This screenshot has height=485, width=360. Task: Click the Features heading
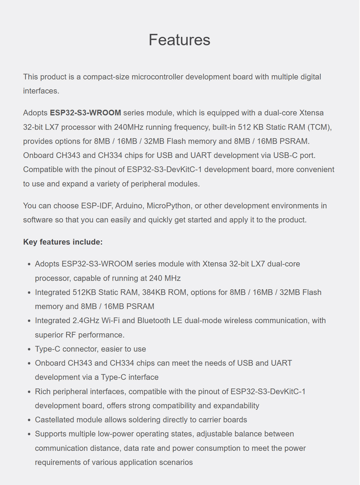[x=179, y=40]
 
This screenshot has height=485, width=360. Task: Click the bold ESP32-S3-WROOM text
[x=85, y=113]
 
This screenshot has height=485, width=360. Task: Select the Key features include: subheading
[x=63, y=242]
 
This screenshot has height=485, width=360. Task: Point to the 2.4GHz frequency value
[x=86, y=321]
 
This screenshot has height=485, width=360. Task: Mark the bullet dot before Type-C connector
[x=29, y=349]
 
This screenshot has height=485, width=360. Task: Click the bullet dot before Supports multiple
[x=29, y=434]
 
